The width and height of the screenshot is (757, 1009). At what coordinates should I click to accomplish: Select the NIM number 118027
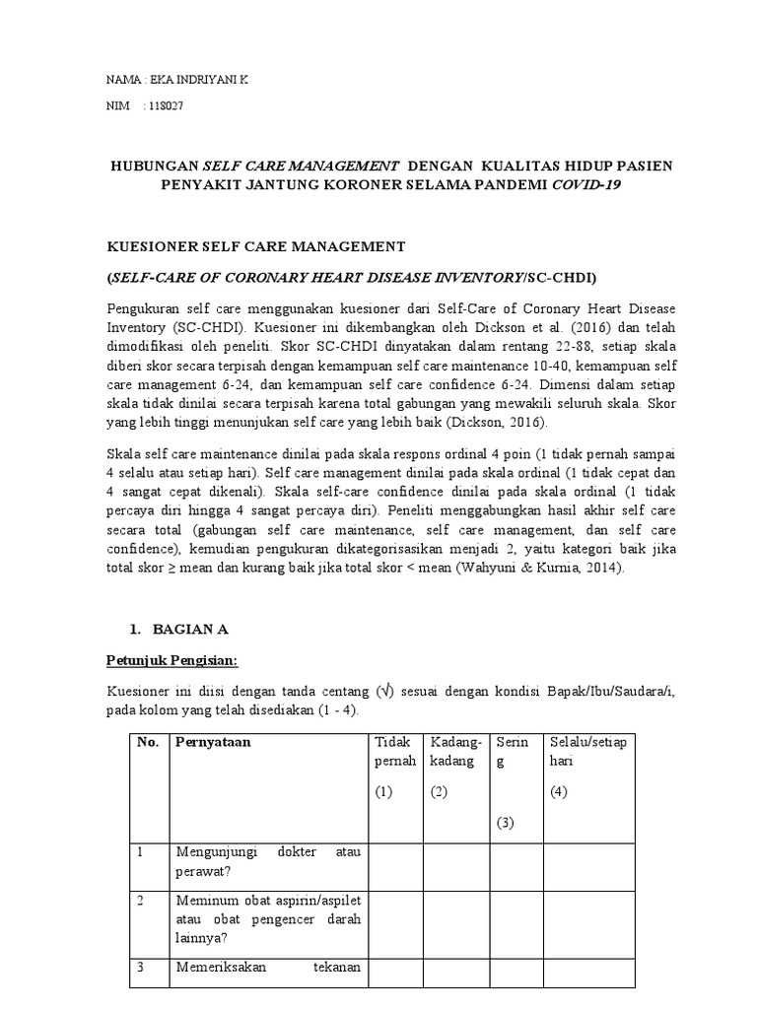click(166, 106)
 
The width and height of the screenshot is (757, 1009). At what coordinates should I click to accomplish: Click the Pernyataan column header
click(214, 743)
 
